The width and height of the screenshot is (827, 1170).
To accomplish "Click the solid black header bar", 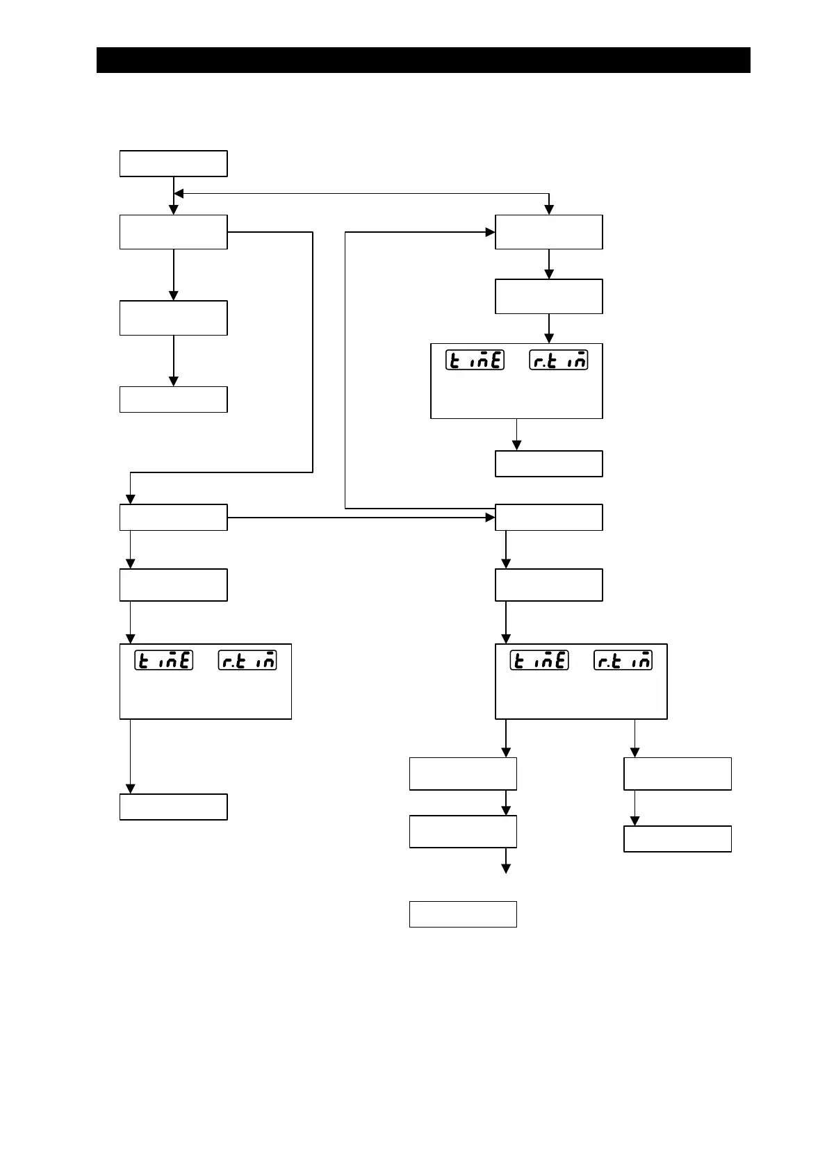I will [423, 60].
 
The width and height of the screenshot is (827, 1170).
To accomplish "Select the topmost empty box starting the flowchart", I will [173, 163].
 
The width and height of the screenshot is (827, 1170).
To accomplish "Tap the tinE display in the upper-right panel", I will [475, 360].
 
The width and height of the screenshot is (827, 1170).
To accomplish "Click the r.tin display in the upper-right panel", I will [559, 360].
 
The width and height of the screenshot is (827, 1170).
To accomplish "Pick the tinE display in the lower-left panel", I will [163, 660].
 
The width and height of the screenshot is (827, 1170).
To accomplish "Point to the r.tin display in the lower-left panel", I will [247, 660].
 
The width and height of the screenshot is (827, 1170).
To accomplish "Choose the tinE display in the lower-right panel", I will [539, 660].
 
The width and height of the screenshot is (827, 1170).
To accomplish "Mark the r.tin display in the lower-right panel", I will [623, 660].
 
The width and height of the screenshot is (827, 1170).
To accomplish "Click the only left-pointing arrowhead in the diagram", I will [178, 194].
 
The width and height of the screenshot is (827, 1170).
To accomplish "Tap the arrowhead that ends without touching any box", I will [506, 868].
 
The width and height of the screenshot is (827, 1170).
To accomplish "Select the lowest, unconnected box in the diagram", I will [463, 914].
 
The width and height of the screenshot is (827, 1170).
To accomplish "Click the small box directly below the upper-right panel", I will [548, 463].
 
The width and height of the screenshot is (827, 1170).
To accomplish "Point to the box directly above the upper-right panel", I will [548, 297].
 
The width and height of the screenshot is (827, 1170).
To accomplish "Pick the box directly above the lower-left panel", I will [173, 584].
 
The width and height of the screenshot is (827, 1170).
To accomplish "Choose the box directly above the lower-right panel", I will [548, 584].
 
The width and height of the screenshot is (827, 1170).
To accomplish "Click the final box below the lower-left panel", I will [173, 807].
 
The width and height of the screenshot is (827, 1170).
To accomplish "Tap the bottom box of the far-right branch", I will [678, 839].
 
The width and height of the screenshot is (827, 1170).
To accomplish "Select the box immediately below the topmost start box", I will [173, 232].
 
